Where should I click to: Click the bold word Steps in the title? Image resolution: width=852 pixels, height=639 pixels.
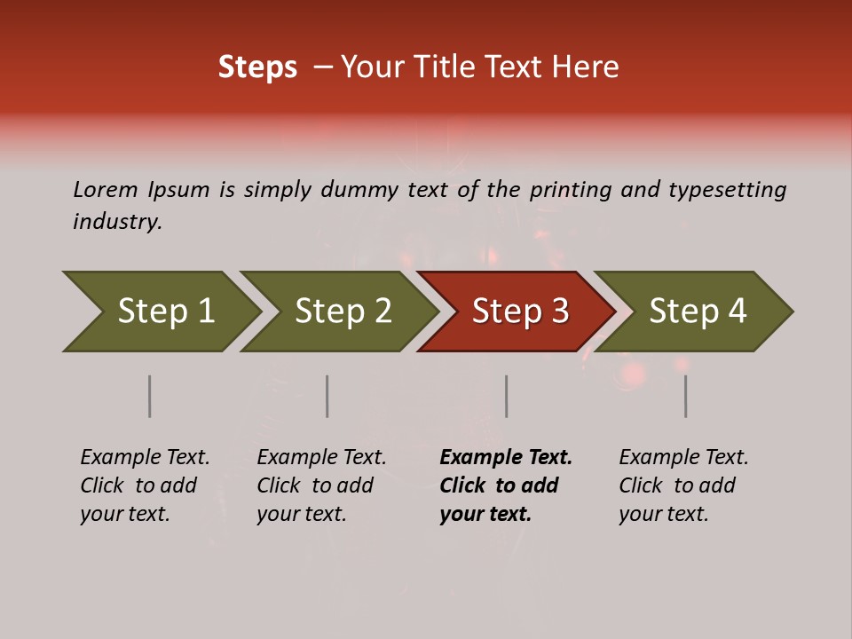pos(257,67)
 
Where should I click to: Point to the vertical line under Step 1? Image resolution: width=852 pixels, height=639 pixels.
pos(150,396)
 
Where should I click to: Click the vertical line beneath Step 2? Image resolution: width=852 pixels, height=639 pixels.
pos(327,396)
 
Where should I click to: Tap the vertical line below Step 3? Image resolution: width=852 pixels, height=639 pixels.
pos(506,396)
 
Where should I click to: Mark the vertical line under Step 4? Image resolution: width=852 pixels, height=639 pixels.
pos(686,396)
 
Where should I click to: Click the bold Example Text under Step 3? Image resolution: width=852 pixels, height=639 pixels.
pos(506,458)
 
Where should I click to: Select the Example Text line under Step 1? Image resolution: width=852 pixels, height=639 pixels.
pos(145,458)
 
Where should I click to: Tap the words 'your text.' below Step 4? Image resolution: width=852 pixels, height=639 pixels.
pos(663,515)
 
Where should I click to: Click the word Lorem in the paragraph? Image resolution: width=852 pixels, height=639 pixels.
pos(105,190)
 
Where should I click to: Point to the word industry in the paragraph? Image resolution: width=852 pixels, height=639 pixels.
pos(116,222)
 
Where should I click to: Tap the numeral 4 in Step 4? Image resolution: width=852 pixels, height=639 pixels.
pos(737,312)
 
